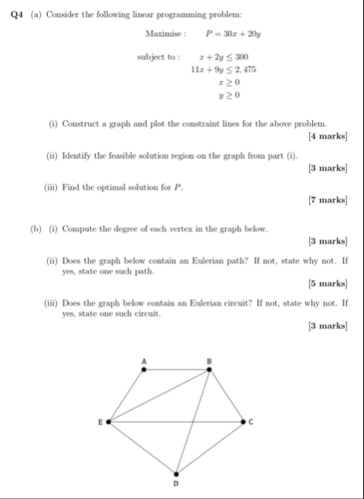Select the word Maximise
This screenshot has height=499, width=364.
(164, 35)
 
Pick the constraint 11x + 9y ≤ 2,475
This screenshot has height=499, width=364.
(222, 69)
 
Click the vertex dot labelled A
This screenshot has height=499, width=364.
(142, 369)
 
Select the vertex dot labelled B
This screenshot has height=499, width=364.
(209, 369)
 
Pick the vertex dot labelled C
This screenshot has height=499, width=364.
(243, 422)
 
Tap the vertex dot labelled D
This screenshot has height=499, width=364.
(176, 474)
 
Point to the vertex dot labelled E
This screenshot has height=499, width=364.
(108, 422)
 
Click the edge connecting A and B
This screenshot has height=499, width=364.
(175, 369)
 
